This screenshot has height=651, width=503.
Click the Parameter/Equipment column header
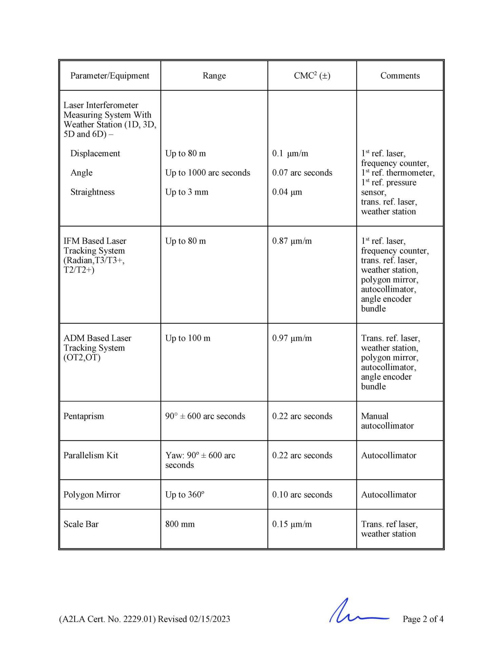109,76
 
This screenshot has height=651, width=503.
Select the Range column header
214,76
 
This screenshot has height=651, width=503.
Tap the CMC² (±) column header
312,76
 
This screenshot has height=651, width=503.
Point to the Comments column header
400,76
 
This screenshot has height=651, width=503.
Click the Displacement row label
95,153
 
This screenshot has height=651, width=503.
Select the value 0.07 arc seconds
302,173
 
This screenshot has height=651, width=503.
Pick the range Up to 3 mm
186,192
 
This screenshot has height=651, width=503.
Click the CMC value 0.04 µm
287,192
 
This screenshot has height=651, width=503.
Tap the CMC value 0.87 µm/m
291,241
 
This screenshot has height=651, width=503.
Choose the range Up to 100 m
187,338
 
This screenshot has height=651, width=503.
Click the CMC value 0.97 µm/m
291,338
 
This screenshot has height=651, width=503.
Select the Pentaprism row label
83,416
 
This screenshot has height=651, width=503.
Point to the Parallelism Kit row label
90,455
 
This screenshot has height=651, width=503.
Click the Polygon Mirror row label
92,495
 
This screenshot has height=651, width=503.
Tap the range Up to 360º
184,495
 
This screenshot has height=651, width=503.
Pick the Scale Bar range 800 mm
180,524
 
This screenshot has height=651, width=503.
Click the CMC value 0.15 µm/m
291,524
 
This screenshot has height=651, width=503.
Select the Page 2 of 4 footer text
423,619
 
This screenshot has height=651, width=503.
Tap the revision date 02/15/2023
209,619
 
